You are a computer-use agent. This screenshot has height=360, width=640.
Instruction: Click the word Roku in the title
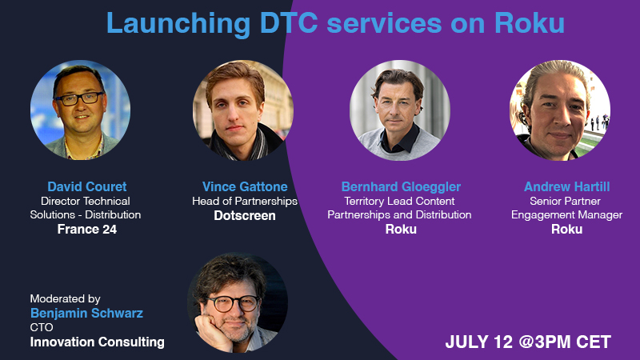[x=530, y=23]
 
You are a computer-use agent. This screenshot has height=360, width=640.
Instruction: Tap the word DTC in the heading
[x=289, y=23]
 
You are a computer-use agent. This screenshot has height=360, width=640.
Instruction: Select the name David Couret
[x=87, y=186]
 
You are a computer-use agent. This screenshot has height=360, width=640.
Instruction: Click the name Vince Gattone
[x=245, y=186]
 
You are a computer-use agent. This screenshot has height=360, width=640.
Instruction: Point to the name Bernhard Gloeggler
[x=401, y=186]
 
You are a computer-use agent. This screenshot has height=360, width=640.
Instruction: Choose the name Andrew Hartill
[x=566, y=186]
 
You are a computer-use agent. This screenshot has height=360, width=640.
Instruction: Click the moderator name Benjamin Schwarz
[x=86, y=313]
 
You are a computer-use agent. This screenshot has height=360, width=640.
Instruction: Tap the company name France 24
[x=87, y=230]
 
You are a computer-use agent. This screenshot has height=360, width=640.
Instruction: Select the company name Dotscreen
[x=245, y=215]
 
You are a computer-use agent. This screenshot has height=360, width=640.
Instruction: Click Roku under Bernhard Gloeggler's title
[x=401, y=230]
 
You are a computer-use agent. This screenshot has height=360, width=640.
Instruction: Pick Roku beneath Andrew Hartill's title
[x=566, y=230]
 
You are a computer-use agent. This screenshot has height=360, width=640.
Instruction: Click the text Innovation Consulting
[x=97, y=342]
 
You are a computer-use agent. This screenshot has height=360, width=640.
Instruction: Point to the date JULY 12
[x=478, y=342]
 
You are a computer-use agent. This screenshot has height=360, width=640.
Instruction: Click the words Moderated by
[x=65, y=298]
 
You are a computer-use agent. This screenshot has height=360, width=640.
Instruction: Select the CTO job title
[x=42, y=327]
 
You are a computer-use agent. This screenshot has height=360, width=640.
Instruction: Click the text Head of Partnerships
[x=245, y=202]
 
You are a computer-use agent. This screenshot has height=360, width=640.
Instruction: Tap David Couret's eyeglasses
[x=79, y=98]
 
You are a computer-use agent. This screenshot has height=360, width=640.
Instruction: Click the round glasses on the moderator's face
[x=233, y=304]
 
